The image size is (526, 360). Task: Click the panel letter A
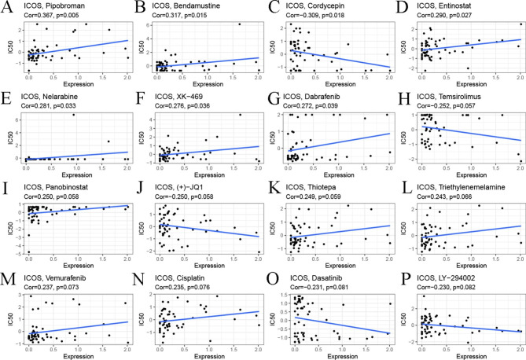(x=9, y=10)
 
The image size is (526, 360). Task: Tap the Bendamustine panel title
(x=192, y=6)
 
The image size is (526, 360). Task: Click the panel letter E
(x=9, y=100)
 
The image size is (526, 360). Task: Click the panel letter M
(x=9, y=281)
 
